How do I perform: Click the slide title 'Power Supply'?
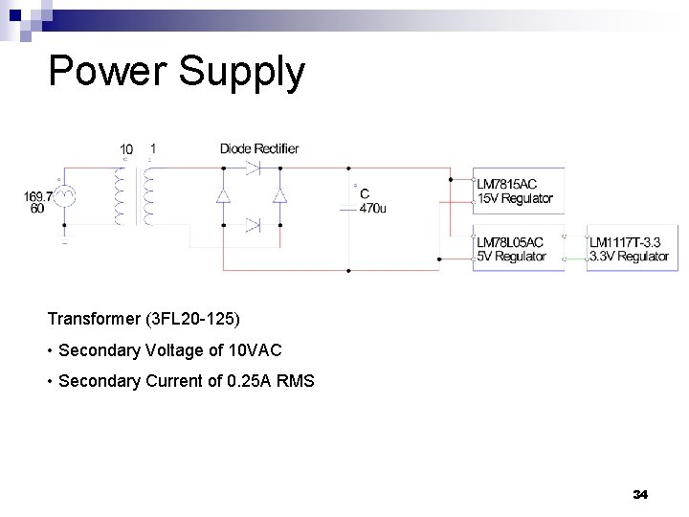tap(176, 73)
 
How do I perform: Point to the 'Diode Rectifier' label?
tap(259, 148)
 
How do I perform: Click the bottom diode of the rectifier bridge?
tap(252, 225)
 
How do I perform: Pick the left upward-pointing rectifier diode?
tap(223, 195)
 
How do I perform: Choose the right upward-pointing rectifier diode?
tap(280, 195)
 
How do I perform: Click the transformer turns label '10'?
tap(126, 149)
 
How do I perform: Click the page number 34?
tap(640, 494)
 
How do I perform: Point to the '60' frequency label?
tap(36, 209)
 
